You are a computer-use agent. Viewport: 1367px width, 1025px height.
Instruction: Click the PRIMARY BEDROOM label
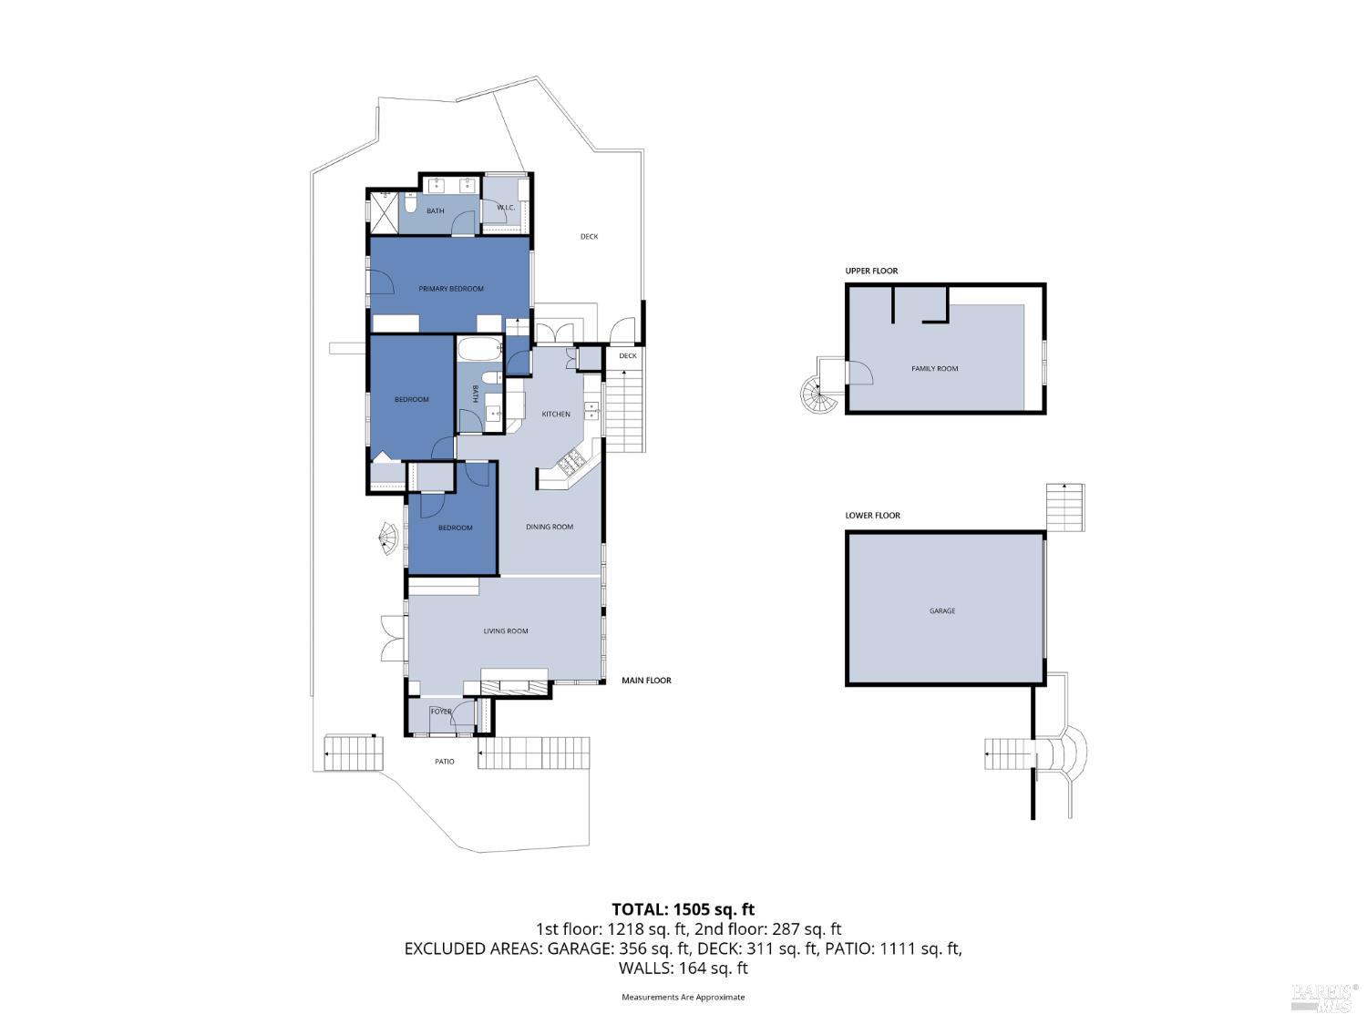(451, 289)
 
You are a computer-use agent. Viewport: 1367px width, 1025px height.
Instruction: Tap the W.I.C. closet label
(506, 208)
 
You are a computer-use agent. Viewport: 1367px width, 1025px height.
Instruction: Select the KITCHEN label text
(556, 415)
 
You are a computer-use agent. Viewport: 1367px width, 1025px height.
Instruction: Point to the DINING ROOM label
(550, 527)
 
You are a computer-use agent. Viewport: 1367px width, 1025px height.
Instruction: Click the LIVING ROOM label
(505, 631)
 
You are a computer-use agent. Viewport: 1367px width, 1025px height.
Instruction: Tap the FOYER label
(441, 712)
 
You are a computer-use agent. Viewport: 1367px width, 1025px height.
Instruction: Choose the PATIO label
(444, 762)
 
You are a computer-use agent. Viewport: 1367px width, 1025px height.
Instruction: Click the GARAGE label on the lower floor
(942, 611)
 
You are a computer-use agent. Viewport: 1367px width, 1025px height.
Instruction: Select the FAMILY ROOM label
(935, 369)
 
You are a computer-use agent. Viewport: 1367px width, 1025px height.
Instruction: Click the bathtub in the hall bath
(479, 350)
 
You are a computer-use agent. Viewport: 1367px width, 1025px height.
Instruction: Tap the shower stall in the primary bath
(384, 213)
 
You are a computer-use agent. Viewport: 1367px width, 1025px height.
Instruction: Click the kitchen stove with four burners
(571, 464)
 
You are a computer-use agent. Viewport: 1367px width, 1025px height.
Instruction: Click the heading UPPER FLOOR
(871, 271)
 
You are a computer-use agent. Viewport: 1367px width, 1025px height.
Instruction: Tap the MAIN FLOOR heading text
(646, 681)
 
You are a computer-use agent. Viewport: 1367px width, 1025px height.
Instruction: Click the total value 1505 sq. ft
(714, 909)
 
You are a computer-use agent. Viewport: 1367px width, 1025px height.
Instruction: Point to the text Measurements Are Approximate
(683, 997)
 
